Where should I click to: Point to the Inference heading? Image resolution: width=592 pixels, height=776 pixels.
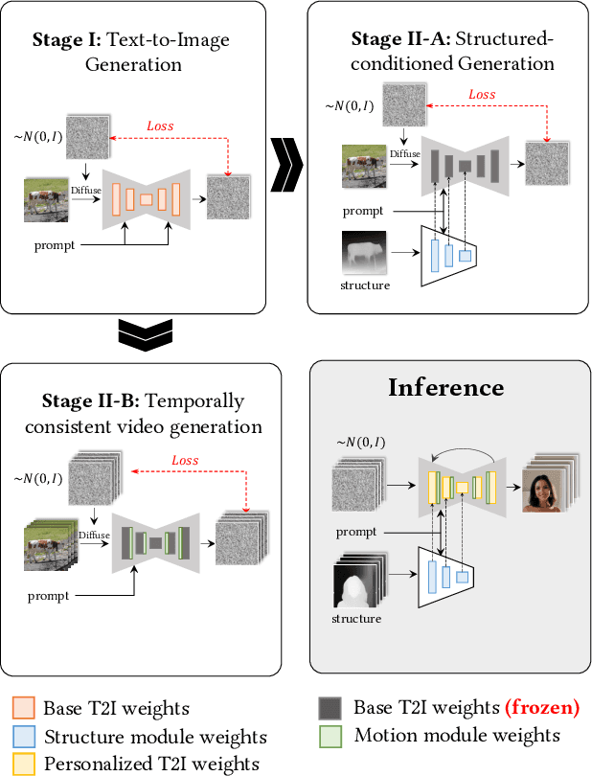pos(445,388)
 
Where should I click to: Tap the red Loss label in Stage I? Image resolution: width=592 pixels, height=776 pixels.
pos(160,126)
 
